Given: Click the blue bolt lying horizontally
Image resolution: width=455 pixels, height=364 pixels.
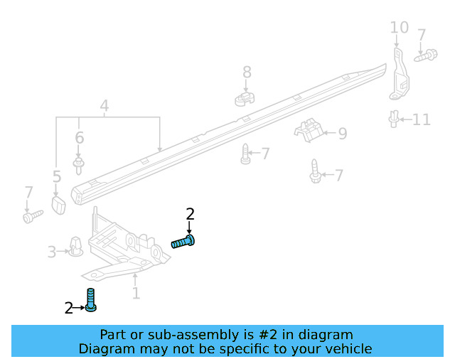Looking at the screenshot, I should [183, 242].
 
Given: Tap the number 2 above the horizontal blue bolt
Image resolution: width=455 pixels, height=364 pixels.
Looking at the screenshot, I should [190, 213].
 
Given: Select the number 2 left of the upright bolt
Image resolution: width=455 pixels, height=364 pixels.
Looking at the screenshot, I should [69, 308].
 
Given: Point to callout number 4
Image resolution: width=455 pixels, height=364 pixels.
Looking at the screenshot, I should [105, 107].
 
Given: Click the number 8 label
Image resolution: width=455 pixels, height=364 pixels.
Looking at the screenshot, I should [247, 72].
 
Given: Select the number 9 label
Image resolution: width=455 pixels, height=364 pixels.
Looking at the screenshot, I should [343, 133].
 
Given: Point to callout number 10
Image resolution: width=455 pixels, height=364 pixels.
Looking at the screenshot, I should [399, 28].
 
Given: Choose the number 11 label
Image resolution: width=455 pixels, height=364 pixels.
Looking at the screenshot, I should [422, 119].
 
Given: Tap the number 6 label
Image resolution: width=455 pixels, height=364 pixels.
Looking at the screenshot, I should [79, 138].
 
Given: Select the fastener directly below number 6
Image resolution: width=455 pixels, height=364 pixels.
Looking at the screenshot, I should [79, 164].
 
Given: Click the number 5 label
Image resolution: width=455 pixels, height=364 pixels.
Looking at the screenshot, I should [57, 176].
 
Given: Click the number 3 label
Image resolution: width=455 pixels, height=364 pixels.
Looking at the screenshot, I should [52, 252].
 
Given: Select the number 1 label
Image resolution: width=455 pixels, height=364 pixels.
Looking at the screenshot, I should [136, 292].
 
